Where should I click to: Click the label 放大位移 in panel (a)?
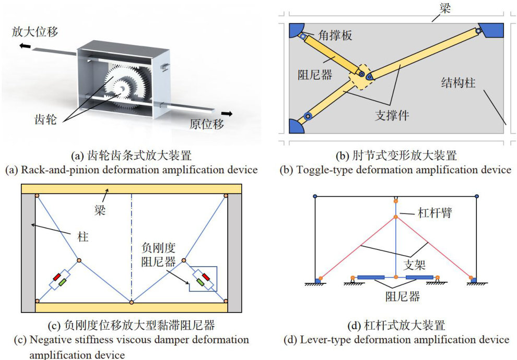pyautogui.click(x=34, y=32)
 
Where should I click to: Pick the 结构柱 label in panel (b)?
pyautogui.click(x=458, y=82)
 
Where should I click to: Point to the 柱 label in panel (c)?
pyautogui.click(x=84, y=238)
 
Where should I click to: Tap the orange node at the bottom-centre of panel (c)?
pyautogui.click(x=132, y=302)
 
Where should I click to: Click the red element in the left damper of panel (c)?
pyautogui.click(x=57, y=277)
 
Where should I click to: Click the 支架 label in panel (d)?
pyautogui.click(x=417, y=259)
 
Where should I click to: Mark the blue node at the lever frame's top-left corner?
pyautogui.click(x=315, y=196)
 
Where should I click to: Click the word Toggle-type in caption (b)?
pyautogui.click(x=366, y=170)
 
